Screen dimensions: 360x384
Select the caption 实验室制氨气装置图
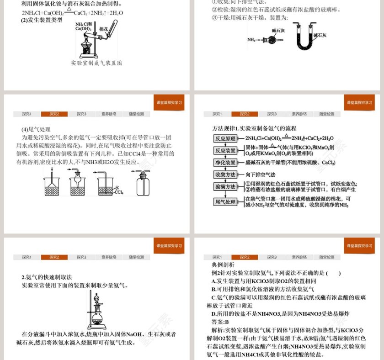[96, 63]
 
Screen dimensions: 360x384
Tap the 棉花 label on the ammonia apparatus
[103, 28]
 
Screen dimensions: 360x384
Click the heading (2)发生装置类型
[42, 20]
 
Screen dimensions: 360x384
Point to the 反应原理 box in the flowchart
[225, 138]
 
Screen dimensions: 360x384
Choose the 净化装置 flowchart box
[225, 163]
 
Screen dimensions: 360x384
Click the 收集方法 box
[225, 175]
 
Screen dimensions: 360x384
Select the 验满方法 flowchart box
[225, 187]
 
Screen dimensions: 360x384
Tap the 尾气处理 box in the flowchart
[225, 202]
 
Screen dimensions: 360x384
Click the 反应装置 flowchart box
[225, 150]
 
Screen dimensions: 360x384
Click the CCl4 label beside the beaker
[118, 192]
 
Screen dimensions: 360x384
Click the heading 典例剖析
[223, 265]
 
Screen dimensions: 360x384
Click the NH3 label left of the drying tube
[251, 40]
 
